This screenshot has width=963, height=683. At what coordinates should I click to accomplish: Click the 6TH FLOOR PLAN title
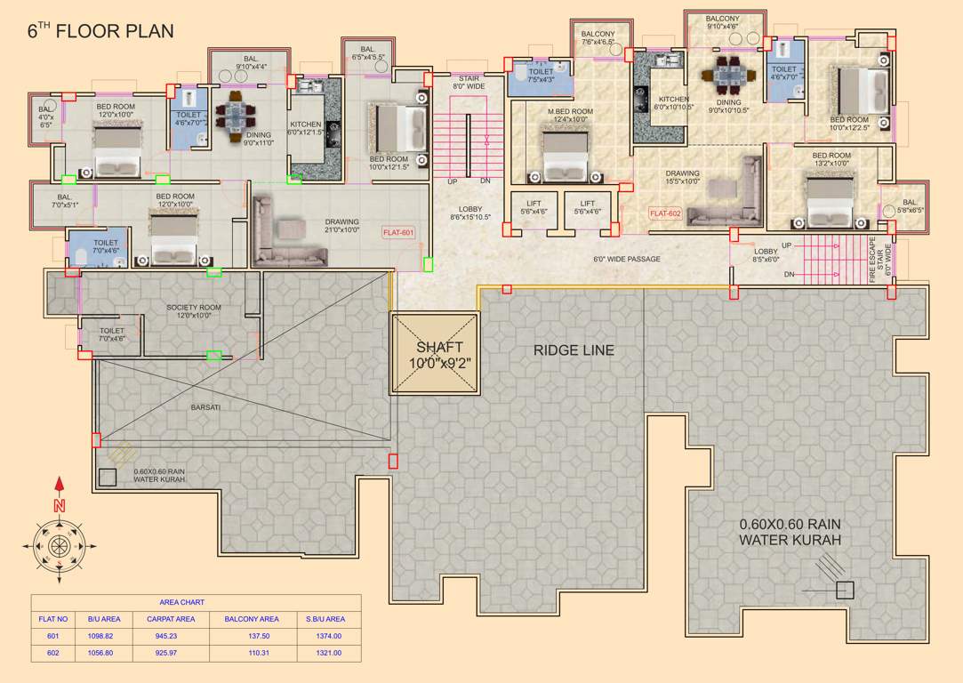pos(100,31)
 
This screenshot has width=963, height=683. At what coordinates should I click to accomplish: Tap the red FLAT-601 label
pos(397,232)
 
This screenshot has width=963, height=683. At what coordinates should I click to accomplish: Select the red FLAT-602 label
pos(664,213)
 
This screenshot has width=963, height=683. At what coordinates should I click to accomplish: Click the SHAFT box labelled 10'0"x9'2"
pos(436,354)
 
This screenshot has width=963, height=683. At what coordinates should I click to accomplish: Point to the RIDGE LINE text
pos(574,350)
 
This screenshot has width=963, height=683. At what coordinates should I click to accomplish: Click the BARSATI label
pos(206,406)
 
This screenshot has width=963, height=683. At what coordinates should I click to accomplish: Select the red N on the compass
pos(60,505)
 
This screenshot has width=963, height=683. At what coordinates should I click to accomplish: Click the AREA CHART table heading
pos(181,602)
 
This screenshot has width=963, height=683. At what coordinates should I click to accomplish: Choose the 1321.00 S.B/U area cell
pos(325,653)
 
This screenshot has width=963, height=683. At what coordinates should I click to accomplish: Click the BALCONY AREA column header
pos(251,619)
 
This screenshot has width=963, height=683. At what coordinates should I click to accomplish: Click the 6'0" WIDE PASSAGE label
pos(627,260)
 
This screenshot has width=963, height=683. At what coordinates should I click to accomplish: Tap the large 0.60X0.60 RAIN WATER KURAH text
pos(790,532)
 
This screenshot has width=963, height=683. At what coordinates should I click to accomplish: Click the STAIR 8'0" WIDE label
pos(469,83)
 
